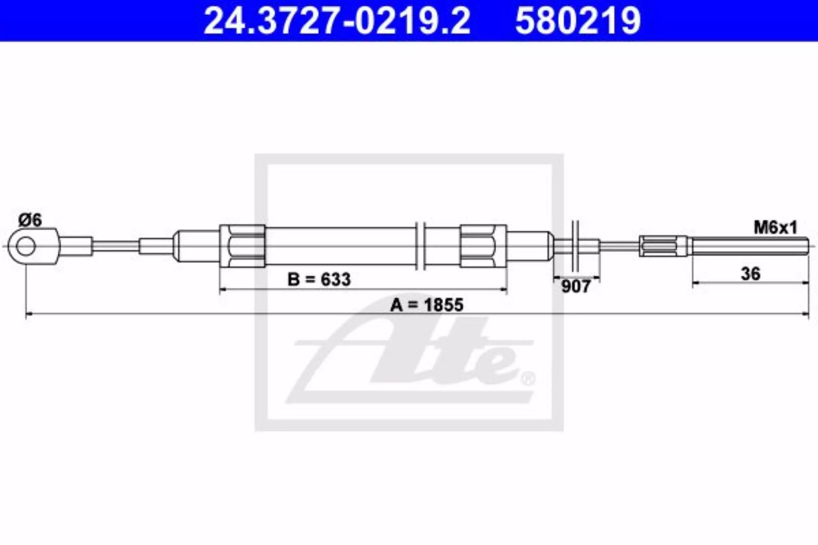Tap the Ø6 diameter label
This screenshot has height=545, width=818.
(x=30, y=220)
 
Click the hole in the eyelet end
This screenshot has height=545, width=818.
(x=26, y=246)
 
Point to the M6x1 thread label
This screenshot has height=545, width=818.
(x=775, y=228)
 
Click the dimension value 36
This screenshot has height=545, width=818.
(x=751, y=274)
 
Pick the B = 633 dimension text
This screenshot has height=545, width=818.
(x=319, y=279)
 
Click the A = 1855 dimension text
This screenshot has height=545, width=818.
(x=427, y=305)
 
